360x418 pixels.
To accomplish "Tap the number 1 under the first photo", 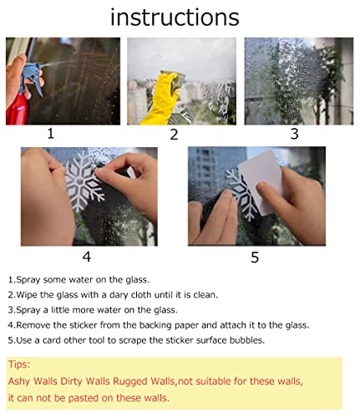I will [51, 133].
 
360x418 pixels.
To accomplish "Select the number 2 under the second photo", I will [174, 135].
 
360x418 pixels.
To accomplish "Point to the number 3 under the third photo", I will [294, 133].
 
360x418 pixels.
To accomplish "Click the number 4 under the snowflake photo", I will [86, 257].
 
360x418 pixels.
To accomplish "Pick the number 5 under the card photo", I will [255, 257].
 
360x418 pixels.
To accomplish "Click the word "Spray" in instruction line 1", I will [29, 279].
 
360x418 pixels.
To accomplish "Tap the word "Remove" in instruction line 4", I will [35, 324].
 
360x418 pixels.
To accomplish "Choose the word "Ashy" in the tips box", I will [20, 381].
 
